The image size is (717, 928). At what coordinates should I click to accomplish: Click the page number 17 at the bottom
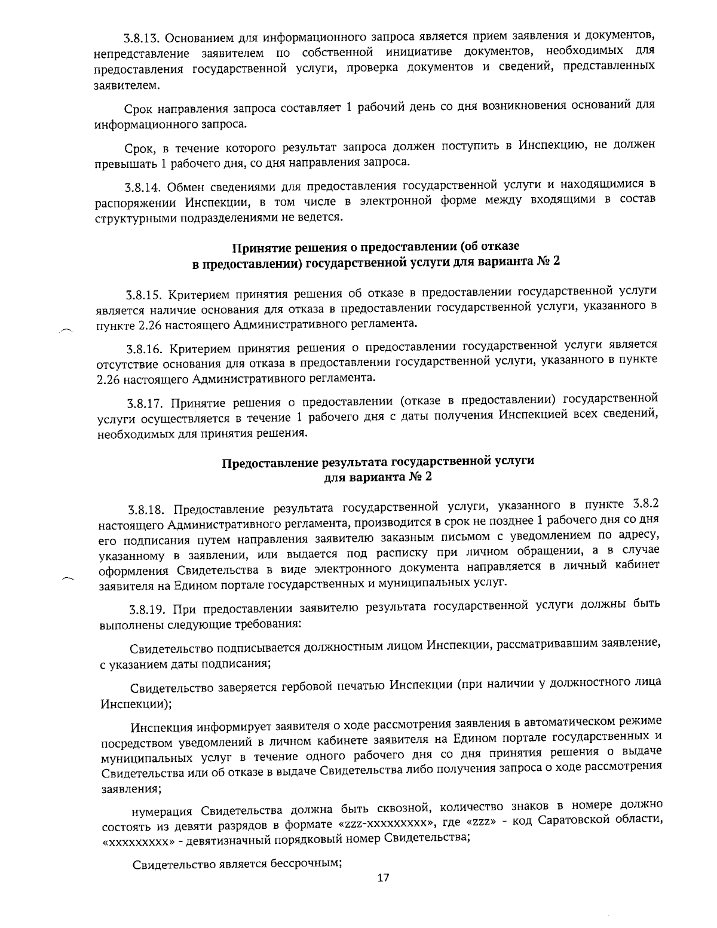tap(383, 878)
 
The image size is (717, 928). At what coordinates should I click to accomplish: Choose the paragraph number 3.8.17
tap(144, 401)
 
